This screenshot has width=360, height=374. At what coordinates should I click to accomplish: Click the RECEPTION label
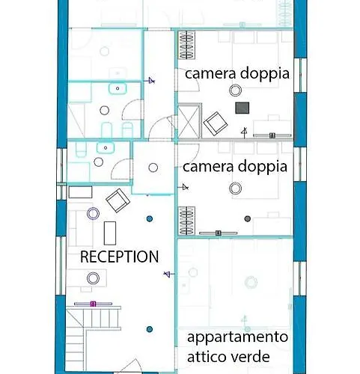tap(119, 257)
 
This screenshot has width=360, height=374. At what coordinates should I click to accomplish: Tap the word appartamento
tap(237, 338)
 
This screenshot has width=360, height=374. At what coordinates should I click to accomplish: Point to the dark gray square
tap(242, 108)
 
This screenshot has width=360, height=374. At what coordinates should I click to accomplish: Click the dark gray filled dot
tap(247, 218)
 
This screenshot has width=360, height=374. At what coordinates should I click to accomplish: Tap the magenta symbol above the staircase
tap(93, 304)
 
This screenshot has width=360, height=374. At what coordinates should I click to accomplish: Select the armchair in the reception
tap(118, 200)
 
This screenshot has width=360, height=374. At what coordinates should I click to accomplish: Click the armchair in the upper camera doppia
tap(216, 123)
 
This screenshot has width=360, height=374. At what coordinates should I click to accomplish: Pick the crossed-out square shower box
tap(189, 121)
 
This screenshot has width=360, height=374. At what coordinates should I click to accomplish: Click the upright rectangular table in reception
tap(110, 233)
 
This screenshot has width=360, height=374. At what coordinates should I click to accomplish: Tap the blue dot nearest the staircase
tap(150, 329)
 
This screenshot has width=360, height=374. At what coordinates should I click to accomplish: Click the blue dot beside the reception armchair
tap(150, 219)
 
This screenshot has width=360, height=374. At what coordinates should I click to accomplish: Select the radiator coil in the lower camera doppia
tap(186, 221)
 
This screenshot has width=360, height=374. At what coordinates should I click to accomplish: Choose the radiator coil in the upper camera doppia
tap(186, 45)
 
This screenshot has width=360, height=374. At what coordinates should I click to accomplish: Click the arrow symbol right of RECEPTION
tap(169, 275)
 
